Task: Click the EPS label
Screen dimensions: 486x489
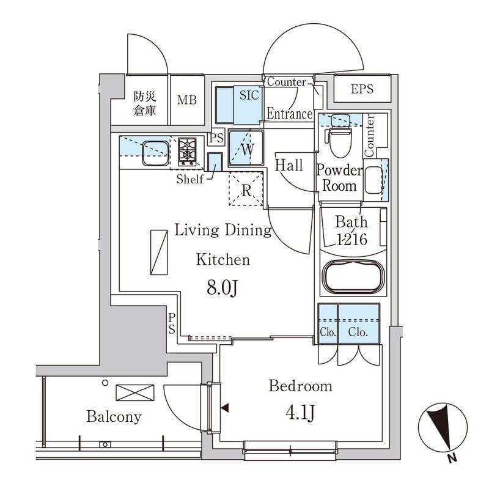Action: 362,89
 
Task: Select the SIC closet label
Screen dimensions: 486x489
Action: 249,95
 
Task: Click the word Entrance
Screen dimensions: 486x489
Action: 289,114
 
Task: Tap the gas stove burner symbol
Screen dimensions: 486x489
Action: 188,152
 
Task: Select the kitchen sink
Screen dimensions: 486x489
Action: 155,153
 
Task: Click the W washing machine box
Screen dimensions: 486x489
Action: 246,149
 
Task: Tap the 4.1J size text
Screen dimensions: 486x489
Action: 300,414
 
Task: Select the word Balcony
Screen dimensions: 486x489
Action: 114,418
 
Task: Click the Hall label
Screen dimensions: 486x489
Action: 289,165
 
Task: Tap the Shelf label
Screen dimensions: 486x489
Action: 189,179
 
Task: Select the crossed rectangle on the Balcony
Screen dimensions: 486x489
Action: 131,392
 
